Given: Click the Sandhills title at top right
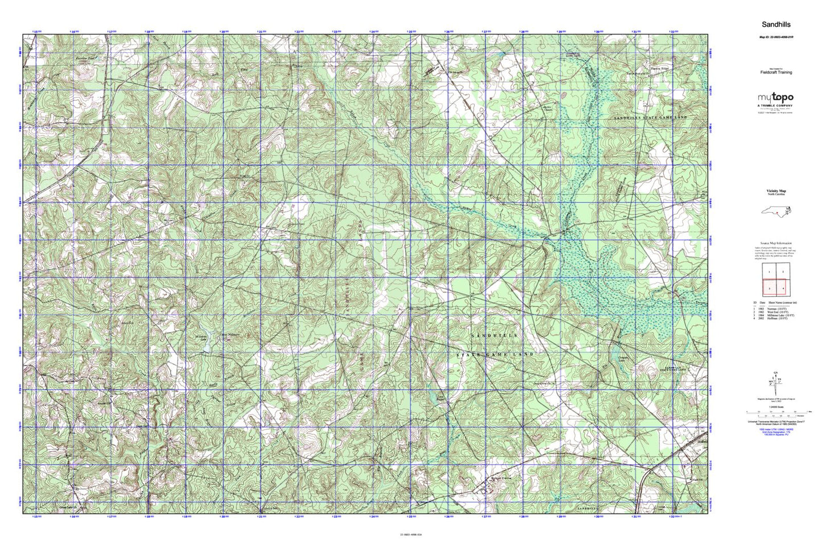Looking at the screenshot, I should coord(776,24).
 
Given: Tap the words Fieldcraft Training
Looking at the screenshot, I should coord(776,73).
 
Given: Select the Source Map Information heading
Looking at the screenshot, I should coord(776,243).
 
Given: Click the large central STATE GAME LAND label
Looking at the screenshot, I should coord(495,354).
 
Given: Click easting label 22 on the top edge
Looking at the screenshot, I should coord(298,32).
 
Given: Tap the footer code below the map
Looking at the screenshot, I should coord(411,534).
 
